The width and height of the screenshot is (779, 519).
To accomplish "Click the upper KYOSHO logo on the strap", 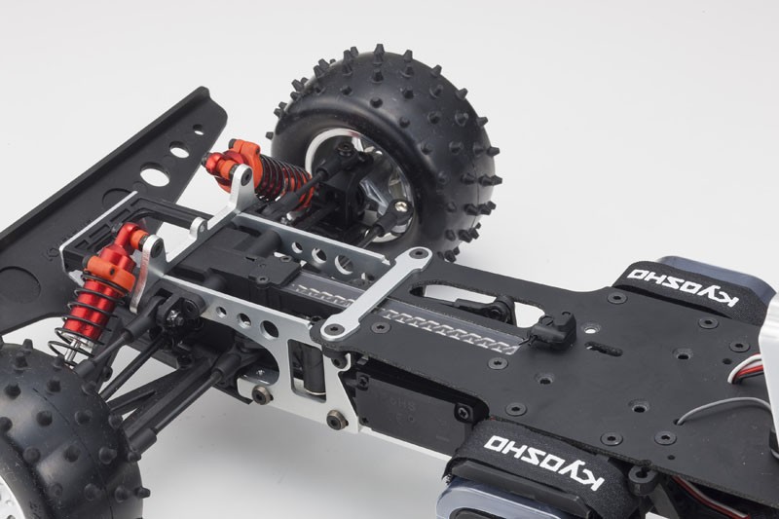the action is coord(681,287).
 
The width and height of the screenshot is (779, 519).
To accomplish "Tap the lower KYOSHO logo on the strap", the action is coord(544,461).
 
